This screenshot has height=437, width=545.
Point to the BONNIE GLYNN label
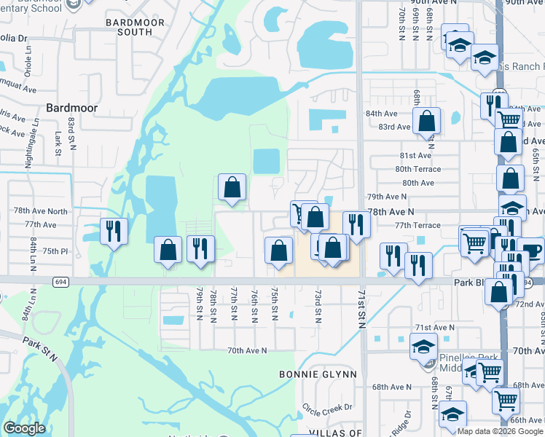click(318, 374)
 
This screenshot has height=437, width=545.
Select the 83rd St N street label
click(72, 134)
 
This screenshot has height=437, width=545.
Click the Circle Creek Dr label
click(327, 406)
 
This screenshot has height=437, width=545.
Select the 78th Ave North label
click(40, 211)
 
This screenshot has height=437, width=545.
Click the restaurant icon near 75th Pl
click(114, 231)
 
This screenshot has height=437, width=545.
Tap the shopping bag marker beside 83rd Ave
click(426, 120)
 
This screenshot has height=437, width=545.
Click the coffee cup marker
click(530, 250)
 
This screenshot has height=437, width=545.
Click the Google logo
click(24, 428)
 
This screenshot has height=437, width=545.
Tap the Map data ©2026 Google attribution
click(500, 431)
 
